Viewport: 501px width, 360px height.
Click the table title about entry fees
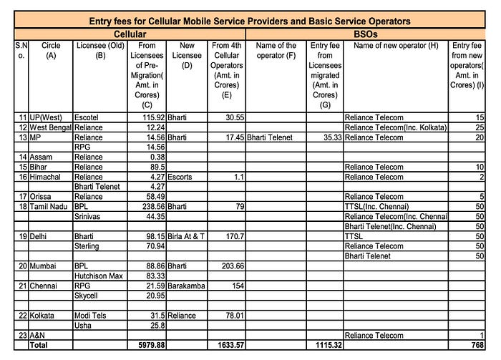coord(250,21)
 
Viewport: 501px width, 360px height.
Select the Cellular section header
coord(130,34)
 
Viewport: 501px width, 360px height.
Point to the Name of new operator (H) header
coord(395,46)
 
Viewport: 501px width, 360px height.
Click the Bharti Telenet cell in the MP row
coord(271,137)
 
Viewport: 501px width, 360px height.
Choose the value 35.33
coord(326,137)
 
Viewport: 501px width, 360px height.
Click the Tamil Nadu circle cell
coord(49,206)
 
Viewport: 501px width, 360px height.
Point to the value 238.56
coord(149,206)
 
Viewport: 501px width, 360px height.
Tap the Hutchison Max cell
coord(99,276)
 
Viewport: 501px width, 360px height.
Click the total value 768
coord(477,345)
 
